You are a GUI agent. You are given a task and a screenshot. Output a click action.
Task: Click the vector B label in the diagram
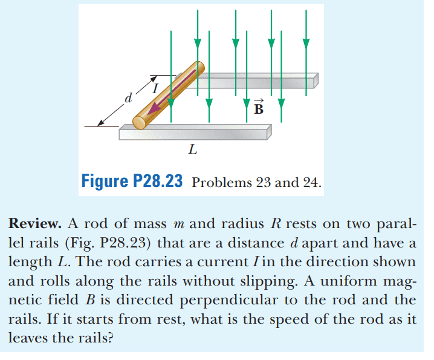point(259,108)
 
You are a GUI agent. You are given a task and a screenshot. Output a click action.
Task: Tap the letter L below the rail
point(192,149)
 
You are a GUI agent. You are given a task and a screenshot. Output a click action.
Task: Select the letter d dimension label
point(127,97)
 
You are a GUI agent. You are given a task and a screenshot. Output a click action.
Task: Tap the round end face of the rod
point(140,122)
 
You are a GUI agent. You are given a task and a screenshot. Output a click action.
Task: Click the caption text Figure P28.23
point(132,182)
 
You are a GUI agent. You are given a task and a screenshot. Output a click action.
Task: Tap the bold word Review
point(34,223)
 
